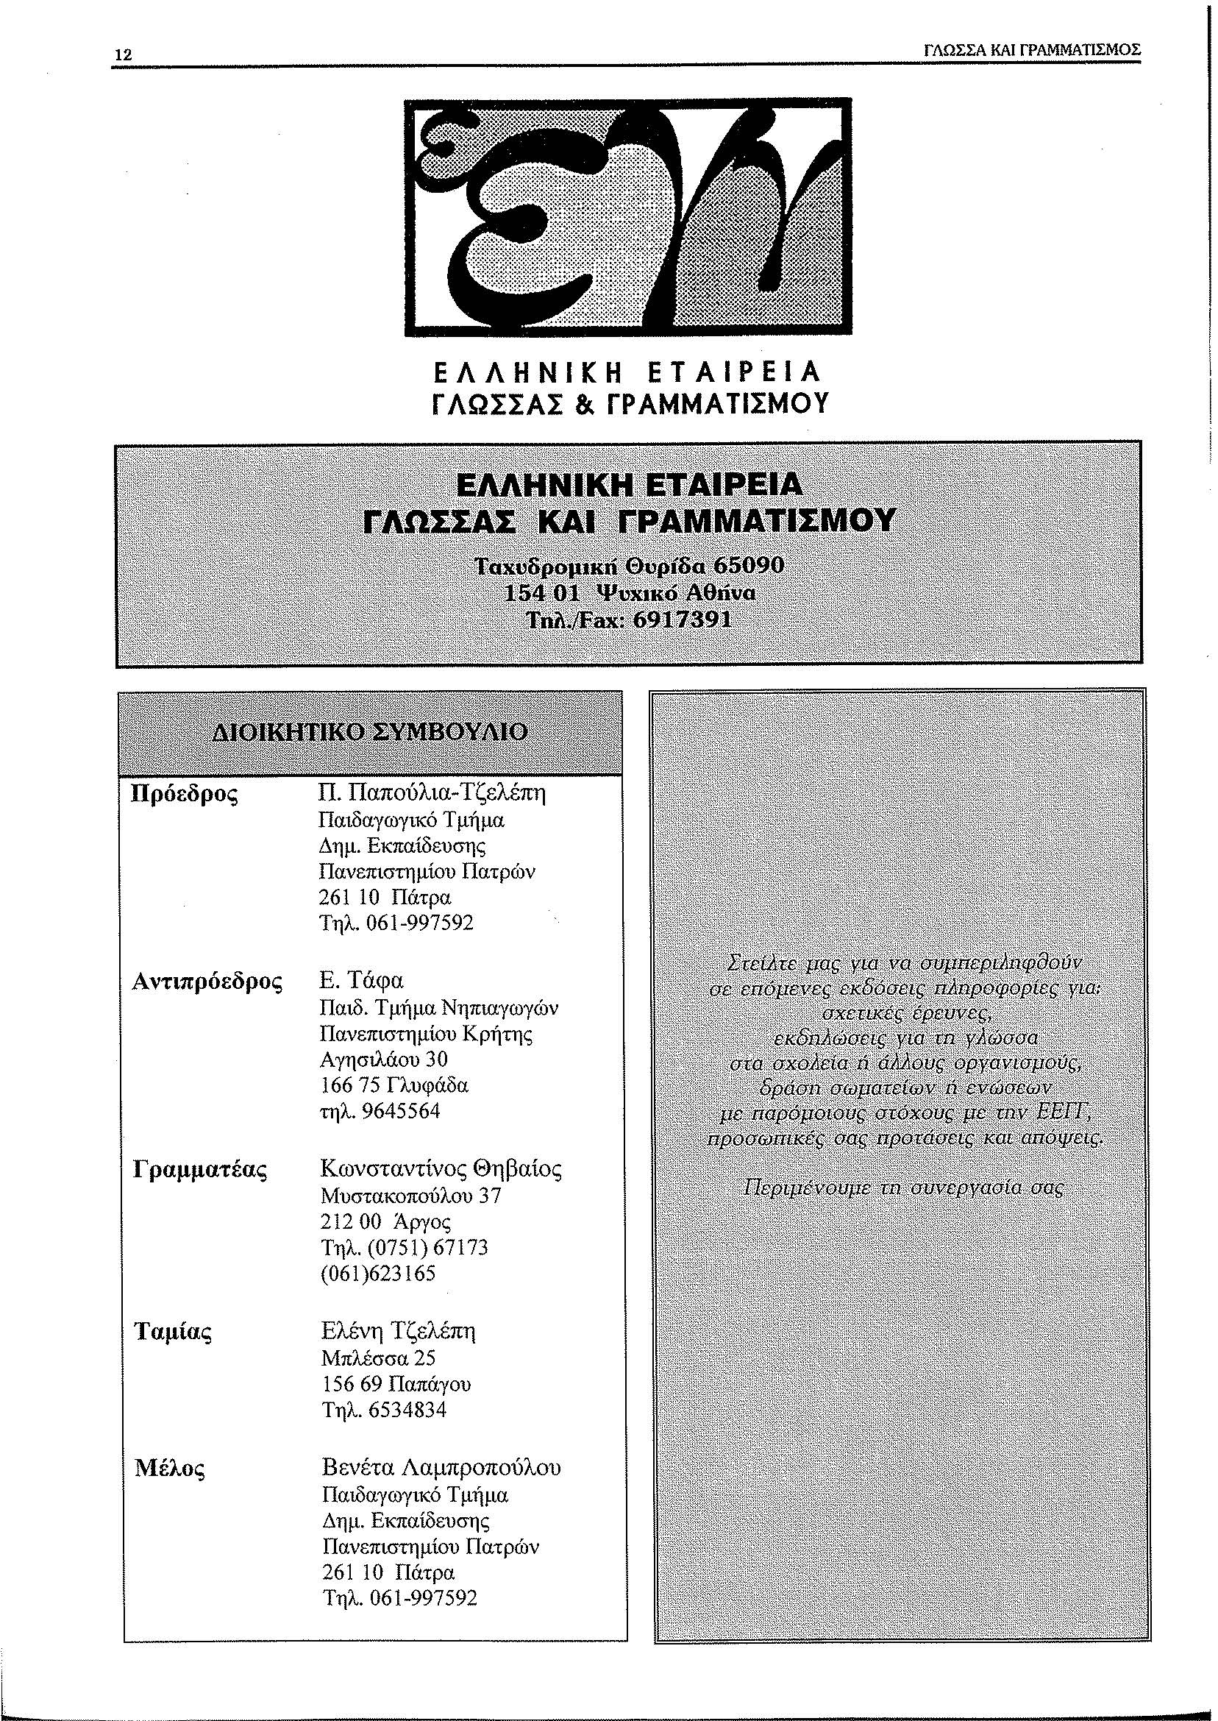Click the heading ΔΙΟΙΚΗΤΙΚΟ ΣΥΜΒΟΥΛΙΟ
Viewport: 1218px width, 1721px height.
tap(371, 731)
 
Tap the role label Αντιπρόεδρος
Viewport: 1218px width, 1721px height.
tap(207, 981)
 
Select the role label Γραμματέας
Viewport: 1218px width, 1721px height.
tap(200, 1169)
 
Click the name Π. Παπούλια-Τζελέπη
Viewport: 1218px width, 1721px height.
tap(432, 793)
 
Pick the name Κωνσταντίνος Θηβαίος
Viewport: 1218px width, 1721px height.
tap(441, 1169)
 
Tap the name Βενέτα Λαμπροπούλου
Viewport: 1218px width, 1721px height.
tap(441, 1466)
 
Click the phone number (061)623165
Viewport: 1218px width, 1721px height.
tap(378, 1273)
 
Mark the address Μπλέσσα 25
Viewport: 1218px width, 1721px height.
tap(378, 1359)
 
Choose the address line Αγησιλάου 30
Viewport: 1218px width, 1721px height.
tap(383, 1060)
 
